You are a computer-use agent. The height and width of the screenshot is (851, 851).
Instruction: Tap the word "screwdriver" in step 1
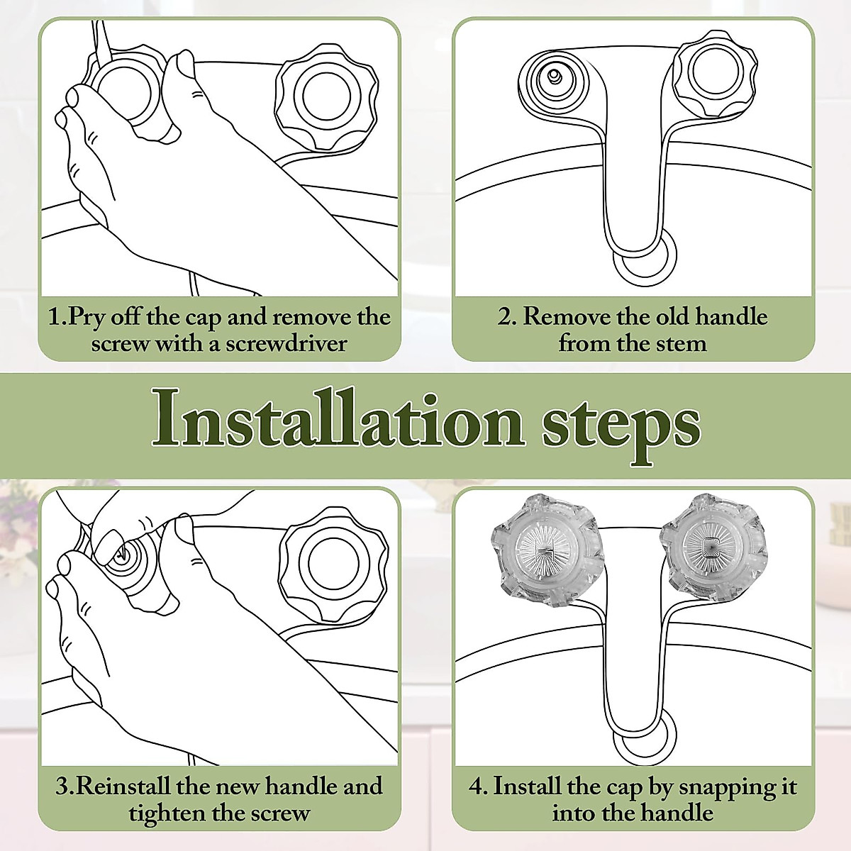tap(287, 344)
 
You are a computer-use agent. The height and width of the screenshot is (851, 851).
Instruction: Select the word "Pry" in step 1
tap(87, 318)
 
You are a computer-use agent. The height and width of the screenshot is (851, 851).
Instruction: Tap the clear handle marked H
tap(547, 550)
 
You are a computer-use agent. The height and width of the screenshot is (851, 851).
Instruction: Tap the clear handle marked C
tap(714, 547)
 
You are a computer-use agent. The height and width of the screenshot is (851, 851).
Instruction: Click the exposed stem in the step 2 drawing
tap(553, 76)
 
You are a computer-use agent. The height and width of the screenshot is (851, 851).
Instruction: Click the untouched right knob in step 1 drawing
tap(326, 96)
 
